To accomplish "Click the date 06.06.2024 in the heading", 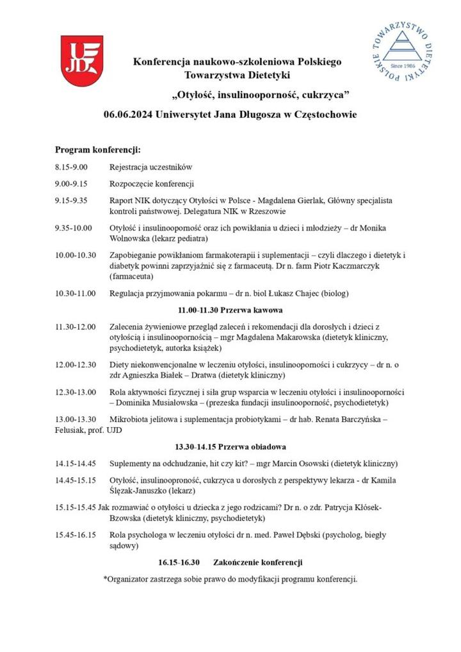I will (127, 115).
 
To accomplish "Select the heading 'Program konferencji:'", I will (97, 150).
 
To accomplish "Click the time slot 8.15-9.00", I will (71, 167).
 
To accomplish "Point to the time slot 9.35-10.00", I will (74, 227).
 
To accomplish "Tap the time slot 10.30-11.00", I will (76, 293).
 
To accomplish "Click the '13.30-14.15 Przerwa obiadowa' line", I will (230, 446).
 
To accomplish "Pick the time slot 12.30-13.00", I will (76, 392).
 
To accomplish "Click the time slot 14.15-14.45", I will (76, 463).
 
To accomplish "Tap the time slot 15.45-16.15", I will (76, 534).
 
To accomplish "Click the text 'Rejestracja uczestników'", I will (151, 167).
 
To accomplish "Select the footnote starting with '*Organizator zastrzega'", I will (230, 579).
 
